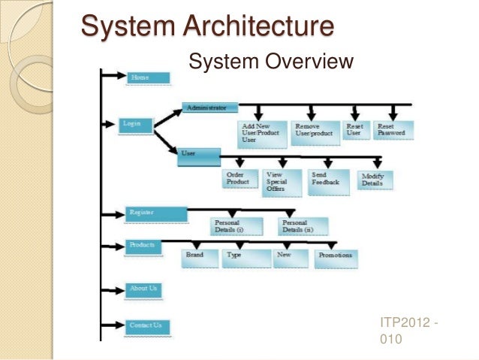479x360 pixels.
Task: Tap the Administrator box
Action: point(209,107)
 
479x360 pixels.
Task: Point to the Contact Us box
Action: point(146,326)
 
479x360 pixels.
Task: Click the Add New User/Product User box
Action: point(262,133)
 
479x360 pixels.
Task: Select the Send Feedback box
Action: point(326,179)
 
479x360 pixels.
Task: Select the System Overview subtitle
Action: point(272,60)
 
